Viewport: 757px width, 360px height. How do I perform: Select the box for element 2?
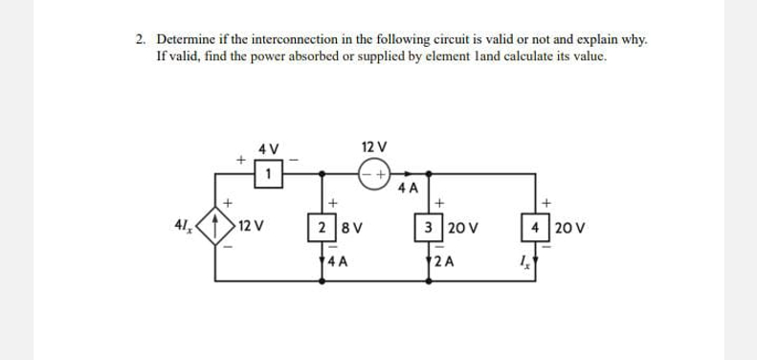click(x=325, y=229)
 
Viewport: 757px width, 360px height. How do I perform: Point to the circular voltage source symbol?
click(x=373, y=175)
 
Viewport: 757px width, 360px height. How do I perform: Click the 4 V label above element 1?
click(x=269, y=149)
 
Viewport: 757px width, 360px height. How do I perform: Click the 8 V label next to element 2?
click(x=350, y=229)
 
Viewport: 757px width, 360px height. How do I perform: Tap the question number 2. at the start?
click(x=141, y=40)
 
